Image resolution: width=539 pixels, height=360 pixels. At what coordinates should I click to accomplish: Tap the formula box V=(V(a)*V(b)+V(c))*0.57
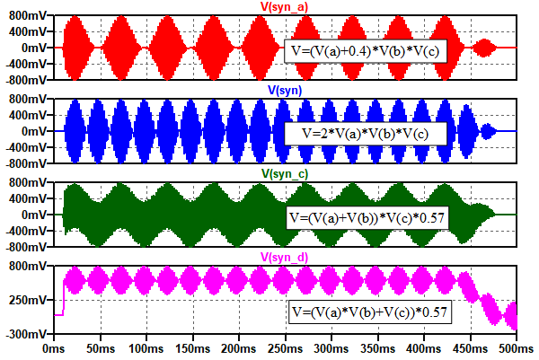(370, 312)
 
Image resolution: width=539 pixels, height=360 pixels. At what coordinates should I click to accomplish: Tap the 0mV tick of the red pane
(36, 48)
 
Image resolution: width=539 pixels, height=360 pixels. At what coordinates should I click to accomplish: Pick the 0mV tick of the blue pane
(36, 131)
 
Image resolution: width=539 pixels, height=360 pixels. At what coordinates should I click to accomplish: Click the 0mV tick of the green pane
(36, 215)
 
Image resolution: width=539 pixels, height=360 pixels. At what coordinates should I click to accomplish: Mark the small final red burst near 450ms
(488, 48)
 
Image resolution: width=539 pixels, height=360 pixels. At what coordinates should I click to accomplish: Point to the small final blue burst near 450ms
(488, 131)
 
